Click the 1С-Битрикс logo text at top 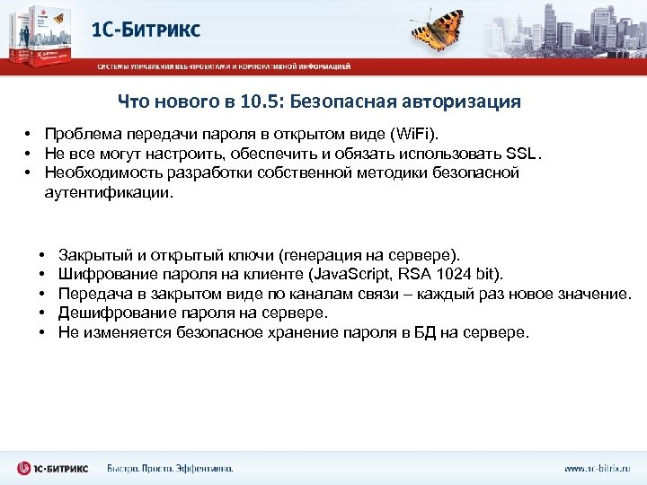(x=146, y=31)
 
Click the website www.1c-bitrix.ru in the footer (x=597, y=468)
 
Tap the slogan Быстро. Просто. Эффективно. (x=170, y=468)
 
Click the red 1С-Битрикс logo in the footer (x=52, y=468)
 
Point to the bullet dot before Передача (x=42, y=294)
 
